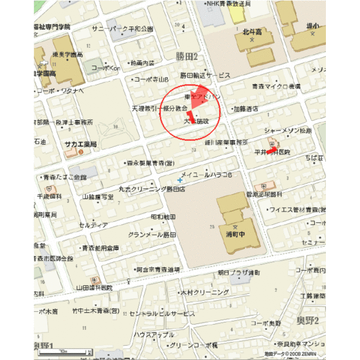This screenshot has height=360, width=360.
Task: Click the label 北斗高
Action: click(x=253, y=30)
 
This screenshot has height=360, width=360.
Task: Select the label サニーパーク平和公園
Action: click(x=122, y=29)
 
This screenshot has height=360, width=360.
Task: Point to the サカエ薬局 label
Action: click(x=80, y=145)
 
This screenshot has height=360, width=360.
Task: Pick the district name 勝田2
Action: click(x=187, y=57)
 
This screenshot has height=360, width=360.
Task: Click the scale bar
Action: click(x=61, y=352)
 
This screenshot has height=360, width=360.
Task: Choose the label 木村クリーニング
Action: click(x=205, y=292)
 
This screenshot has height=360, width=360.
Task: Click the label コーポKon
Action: click(x=106, y=67)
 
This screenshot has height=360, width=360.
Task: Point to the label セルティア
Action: click(x=94, y=225)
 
